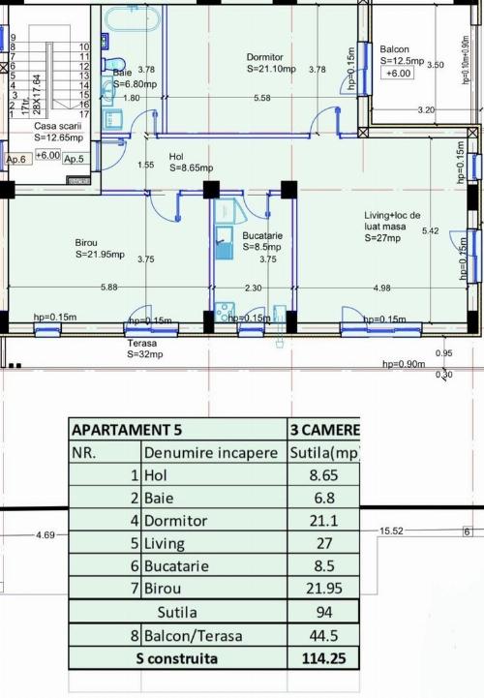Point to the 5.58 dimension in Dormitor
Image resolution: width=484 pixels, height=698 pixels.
pos(262,99)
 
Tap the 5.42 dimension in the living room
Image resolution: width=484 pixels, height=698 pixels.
pos(431,230)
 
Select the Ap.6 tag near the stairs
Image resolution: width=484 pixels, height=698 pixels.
pos(16,159)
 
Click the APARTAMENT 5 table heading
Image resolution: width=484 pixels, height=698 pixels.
pos(126,429)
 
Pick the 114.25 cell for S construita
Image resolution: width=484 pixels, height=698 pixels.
pos(324,658)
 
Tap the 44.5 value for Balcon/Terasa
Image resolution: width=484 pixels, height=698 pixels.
pos(324,635)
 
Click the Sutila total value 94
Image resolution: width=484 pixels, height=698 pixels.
pos(324,612)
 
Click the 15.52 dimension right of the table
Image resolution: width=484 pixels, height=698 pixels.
pos(392,531)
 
